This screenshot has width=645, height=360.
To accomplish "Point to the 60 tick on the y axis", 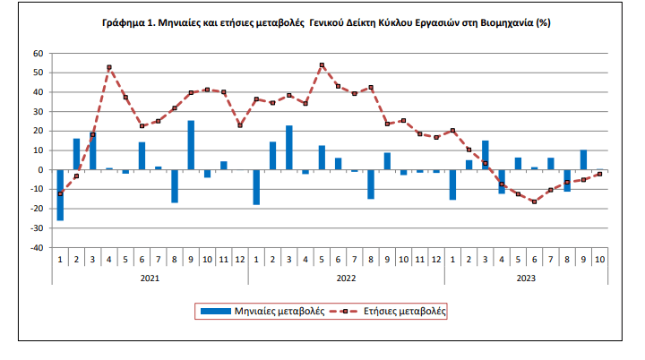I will pyautogui.click(x=39, y=53).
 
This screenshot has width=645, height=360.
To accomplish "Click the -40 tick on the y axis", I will pyautogui.click(x=36, y=248).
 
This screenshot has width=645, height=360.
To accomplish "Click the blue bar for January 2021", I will pyautogui.click(x=60, y=194).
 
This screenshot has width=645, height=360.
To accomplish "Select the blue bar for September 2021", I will pyautogui.click(x=191, y=145).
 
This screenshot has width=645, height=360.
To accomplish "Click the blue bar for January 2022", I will pyautogui.click(x=256, y=187).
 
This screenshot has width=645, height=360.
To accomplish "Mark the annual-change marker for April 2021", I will pyautogui.click(x=109, y=67).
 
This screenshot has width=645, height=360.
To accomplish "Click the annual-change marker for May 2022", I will pyautogui.click(x=322, y=65).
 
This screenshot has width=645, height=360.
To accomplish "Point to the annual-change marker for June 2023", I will pyautogui.click(x=535, y=201).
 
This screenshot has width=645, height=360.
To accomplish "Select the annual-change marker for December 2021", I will pyautogui.click(x=240, y=125).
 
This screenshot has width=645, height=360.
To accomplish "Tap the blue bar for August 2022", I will pyautogui.click(x=371, y=184).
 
